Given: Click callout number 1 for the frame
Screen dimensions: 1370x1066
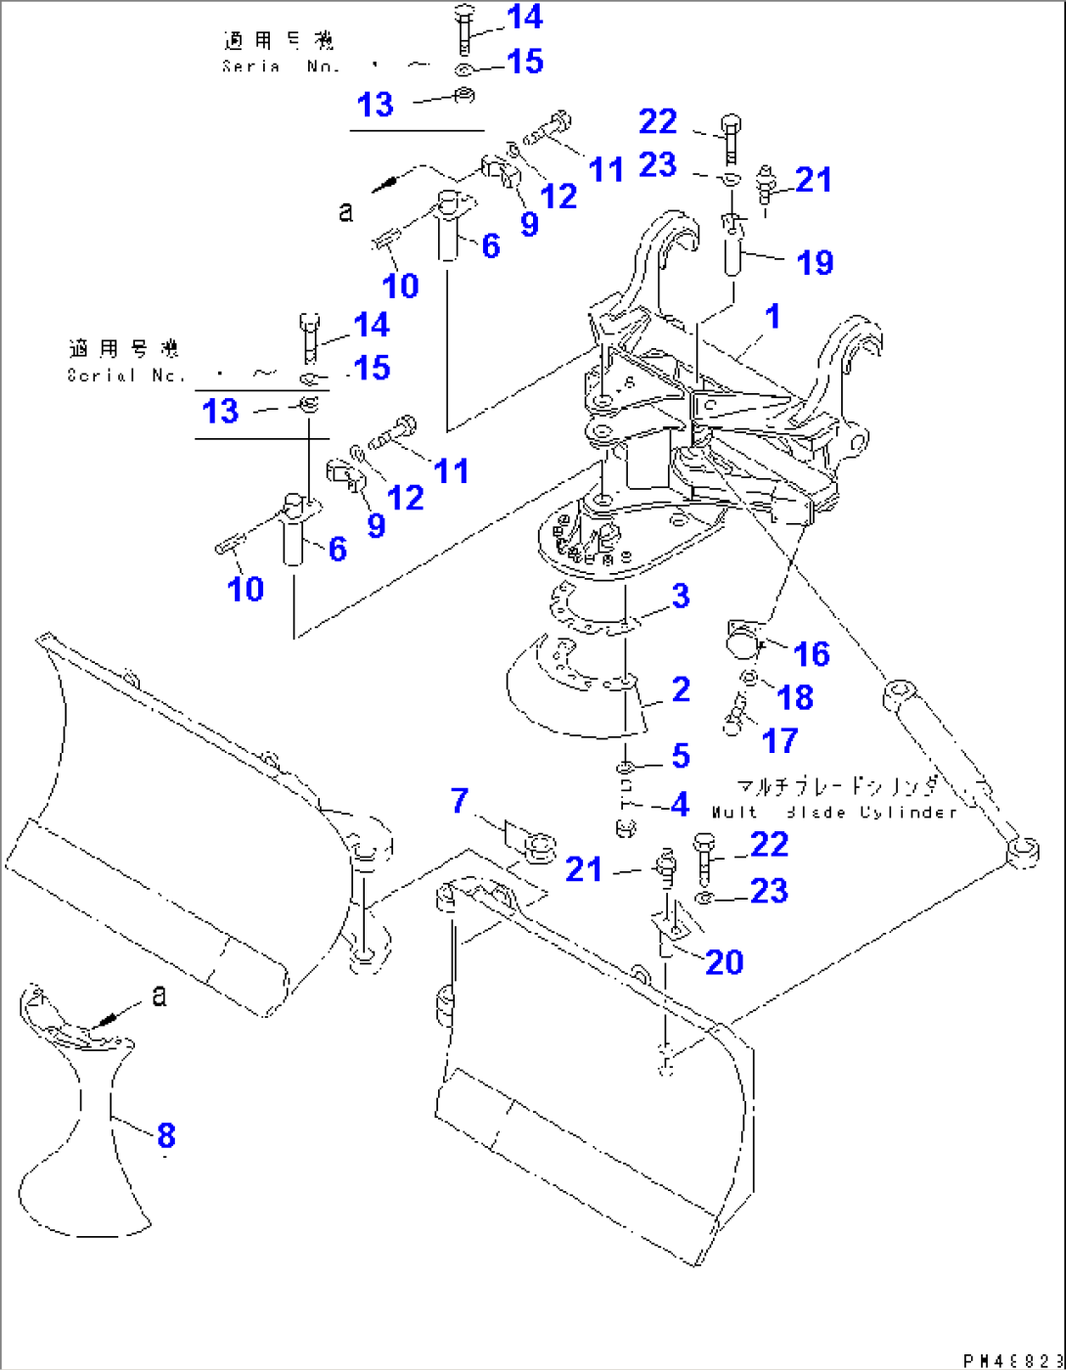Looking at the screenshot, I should (773, 317).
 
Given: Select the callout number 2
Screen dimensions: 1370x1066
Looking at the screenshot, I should (682, 689).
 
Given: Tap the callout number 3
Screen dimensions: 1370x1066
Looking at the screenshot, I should (681, 596).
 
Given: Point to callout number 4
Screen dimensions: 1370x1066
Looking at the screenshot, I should (681, 804).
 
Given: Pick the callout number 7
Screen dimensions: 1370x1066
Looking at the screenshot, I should (460, 801).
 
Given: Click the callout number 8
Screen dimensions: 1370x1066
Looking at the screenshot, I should (166, 1135).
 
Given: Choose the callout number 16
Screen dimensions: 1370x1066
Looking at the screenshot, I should (812, 654).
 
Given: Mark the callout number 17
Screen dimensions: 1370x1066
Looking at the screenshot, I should (779, 740).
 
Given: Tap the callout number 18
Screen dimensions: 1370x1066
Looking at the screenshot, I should (795, 697).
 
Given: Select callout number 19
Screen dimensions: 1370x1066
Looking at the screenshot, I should (815, 262).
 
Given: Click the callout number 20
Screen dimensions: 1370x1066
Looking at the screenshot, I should (724, 962).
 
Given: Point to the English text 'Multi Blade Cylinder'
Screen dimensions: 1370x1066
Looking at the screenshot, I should (834, 813).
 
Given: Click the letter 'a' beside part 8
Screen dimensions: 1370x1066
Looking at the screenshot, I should (159, 995).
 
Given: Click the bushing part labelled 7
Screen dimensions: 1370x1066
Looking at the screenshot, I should (537, 846).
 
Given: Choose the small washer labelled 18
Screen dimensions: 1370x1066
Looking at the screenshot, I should (749, 678).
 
